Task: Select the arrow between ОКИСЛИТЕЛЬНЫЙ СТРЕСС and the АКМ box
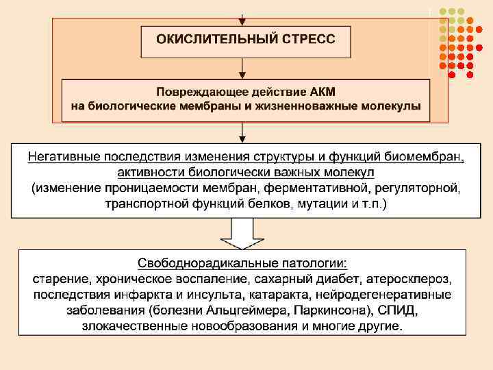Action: (x=242, y=69)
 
